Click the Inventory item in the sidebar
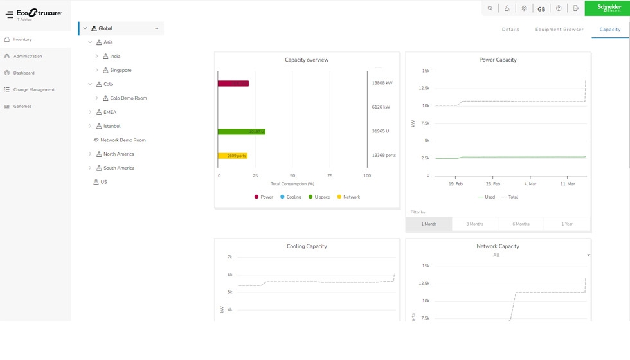22,40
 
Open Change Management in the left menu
33,90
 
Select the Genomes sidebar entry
22,107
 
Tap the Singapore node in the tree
120,70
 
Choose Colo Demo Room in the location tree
128,98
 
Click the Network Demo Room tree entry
123,140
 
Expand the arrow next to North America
90,154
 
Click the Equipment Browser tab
559,30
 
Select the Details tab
510,30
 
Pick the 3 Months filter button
475,224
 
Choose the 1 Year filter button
567,224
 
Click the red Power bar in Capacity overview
233,84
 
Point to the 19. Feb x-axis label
455,184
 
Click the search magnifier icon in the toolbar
491,8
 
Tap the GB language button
541,9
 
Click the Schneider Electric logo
607,8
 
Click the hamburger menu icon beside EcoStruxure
10,14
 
